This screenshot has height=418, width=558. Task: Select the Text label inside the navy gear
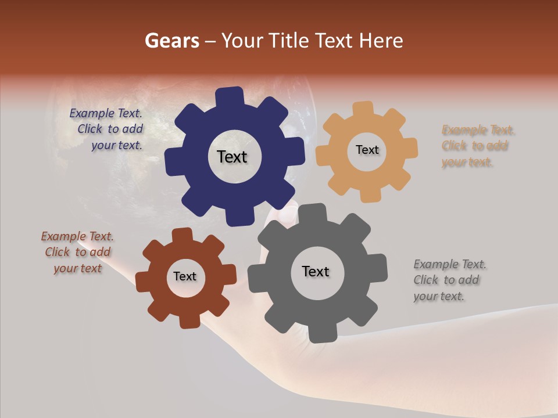coord(232,157)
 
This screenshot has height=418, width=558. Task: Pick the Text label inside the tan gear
coord(367,150)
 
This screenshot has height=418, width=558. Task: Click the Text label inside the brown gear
coord(185,276)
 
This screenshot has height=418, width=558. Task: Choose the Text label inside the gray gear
coord(315,271)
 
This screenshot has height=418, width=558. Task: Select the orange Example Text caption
coord(478,146)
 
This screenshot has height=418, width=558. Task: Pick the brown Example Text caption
coord(77,253)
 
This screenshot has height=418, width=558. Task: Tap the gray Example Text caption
coord(449,280)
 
